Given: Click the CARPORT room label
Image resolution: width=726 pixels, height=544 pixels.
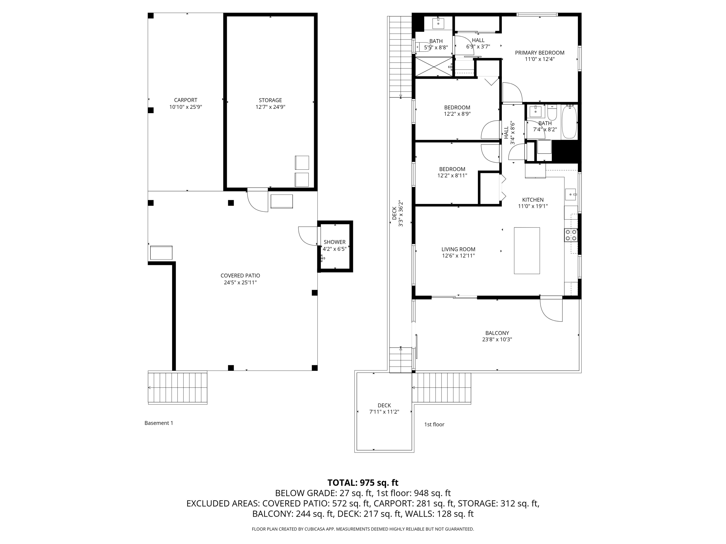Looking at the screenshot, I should tap(185, 100).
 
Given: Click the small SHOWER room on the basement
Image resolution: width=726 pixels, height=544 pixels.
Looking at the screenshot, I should tap(335, 246).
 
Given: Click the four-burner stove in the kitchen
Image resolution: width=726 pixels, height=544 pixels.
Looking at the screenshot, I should tap(571, 235).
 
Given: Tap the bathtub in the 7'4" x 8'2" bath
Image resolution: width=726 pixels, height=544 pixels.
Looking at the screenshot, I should tap(569, 122).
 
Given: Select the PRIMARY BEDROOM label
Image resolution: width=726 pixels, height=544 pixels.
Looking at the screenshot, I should tap(540, 53).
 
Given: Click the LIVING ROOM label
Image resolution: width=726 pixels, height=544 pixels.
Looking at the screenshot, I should tap(458, 249).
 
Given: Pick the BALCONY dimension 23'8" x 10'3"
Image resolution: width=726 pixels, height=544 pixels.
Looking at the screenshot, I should tap(497, 340).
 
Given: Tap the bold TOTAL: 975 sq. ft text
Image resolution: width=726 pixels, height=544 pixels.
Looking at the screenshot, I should tap(363, 483).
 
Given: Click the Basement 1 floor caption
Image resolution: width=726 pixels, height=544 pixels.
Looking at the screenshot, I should tap(159, 423).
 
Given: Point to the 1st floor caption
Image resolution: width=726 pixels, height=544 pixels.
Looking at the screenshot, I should tap(434, 424).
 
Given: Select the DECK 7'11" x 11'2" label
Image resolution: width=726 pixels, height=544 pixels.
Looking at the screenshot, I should tap(384, 409).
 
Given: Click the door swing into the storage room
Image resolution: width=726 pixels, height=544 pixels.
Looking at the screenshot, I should tap(258, 200).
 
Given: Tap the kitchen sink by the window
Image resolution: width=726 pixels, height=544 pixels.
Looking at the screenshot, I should tap(570, 194).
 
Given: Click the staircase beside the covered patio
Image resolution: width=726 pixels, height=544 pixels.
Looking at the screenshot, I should tap(178, 388).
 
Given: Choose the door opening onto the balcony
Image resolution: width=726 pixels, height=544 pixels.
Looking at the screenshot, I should tap(551, 309).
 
